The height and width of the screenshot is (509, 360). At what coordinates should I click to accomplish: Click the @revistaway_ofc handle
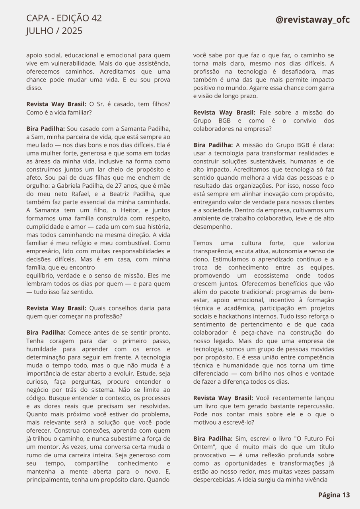(313, 20)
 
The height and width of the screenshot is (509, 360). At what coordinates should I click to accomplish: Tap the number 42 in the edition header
(96, 18)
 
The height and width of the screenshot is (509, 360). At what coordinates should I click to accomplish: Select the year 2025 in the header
(72, 31)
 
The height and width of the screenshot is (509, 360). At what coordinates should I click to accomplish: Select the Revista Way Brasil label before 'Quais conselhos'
(56, 308)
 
